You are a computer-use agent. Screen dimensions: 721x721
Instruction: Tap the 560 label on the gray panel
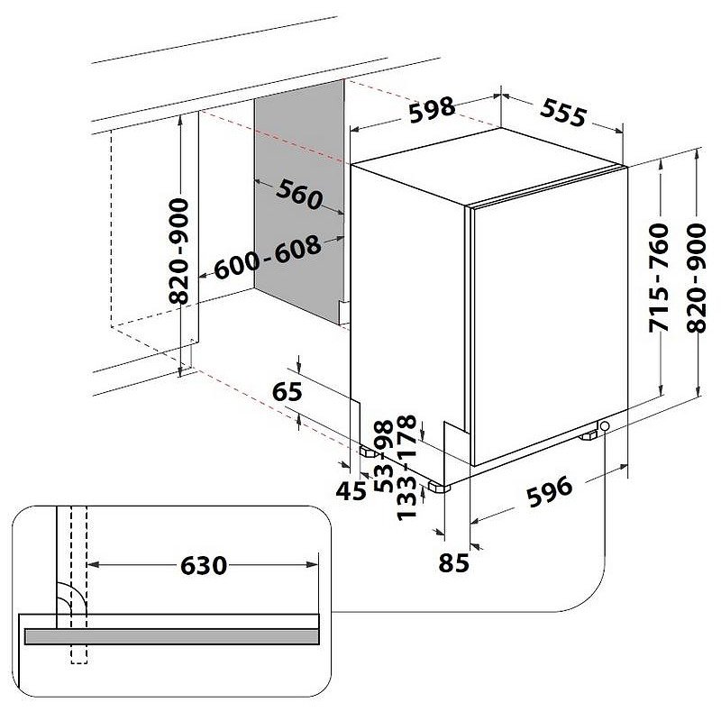click(298, 194)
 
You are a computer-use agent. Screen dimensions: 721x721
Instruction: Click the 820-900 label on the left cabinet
click(180, 251)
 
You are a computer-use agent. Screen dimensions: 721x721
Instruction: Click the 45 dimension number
click(351, 489)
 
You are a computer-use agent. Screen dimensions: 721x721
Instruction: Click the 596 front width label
click(548, 490)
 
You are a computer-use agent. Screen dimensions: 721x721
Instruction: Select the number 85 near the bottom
click(455, 563)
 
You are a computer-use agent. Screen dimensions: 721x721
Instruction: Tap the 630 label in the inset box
click(205, 565)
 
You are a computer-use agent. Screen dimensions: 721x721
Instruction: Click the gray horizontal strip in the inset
click(172, 636)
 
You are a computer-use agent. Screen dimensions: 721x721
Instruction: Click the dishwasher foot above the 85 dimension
click(440, 486)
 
